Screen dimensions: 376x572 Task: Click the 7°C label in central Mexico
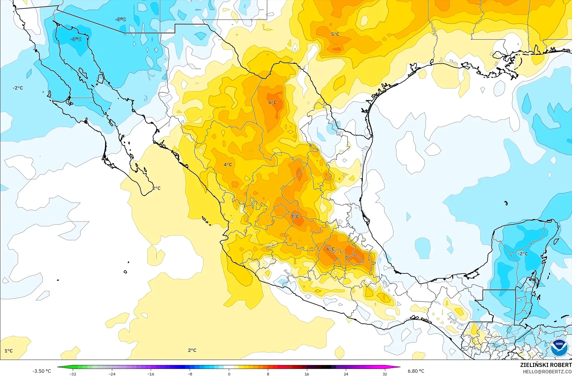[295, 216]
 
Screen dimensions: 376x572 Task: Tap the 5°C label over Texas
[335, 34]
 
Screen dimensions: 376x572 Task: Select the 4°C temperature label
[228, 164]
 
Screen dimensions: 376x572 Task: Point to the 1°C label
[8, 351]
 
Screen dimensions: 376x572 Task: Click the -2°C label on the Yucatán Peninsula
[523, 254]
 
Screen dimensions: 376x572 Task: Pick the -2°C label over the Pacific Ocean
[18, 88]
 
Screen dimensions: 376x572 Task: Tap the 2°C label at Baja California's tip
[156, 188]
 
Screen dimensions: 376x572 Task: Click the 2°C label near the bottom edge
[192, 350]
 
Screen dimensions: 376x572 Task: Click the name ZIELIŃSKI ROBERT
[546, 365]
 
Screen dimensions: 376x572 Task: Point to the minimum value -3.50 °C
[42, 371]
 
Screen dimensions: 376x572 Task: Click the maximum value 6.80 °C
[416, 371]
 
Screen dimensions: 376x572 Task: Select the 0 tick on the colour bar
[229, 374]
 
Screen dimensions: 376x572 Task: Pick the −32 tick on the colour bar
[73, 374]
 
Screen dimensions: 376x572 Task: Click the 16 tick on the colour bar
[307, 374]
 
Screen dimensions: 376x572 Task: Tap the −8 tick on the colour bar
[190, 374]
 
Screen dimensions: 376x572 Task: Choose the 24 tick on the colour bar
[346, 374]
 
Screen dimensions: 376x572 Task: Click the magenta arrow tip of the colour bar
[399, 367]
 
